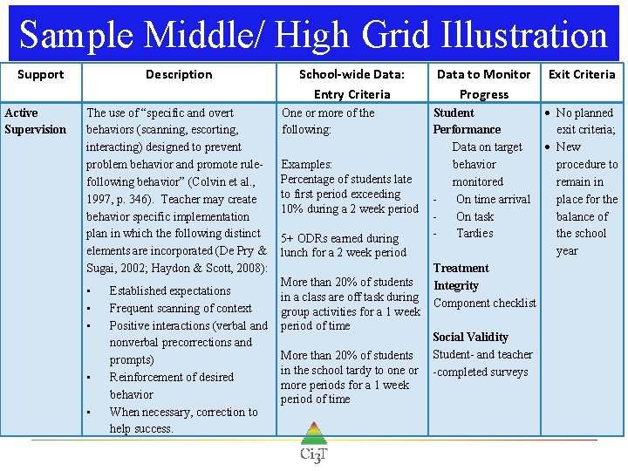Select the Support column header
(x=41, y=74)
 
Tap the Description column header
(x=179, y=74)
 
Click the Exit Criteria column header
(x=582, y=74)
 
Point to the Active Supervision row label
(x=35, y=121)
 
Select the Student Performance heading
(x=467, y=121)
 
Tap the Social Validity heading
(x=470, y=337)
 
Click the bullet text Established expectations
(x=170, y=290)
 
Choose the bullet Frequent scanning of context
(x=181, y=308)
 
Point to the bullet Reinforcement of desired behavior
(x=171, y=386)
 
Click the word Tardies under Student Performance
(x=474, y=233)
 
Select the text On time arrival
(x=493, y=199)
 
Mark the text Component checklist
(x=485, y=303)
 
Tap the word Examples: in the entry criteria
(x=307, y=164)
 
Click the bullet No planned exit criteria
(x=585, y=121)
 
